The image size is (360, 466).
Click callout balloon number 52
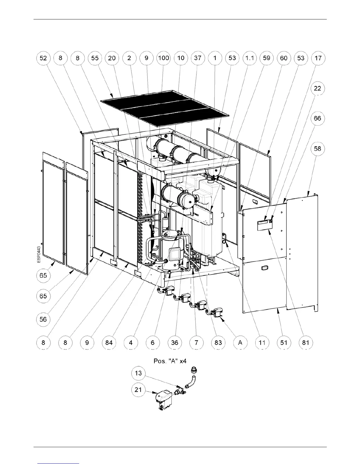click(x=43, y=58)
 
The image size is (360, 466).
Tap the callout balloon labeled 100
click(x=164, y=58)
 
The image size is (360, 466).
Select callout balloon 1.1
click(x=249, y=58)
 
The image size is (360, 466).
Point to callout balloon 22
click(x=318, y=88)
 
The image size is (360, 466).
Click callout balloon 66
click(x=318, y=119)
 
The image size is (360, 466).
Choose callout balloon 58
click(x=318, y=149)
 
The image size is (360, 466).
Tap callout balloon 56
click(x=43, y=319)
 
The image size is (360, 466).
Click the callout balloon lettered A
click(x=240, y=342)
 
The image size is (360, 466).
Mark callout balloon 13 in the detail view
click(x=138, y=373)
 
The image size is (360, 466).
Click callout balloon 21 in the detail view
click(x=138, y=390)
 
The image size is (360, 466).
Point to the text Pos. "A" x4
click(x=170, y=361)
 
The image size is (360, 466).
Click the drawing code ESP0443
click(x=39, y=254)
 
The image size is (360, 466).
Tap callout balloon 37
click(x=198, y=58)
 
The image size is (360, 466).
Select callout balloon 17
click(x=318, y=58)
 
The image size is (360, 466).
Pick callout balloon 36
click(x=174, y=342)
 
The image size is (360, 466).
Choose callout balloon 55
click(x=95, y=58)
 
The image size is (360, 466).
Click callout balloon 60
click(x=284, y=58)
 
